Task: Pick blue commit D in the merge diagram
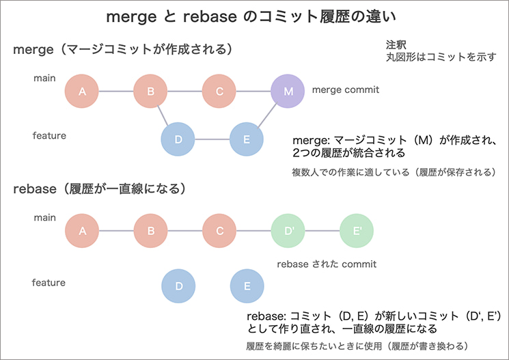coord(178,139)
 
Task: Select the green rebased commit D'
coord(288,231)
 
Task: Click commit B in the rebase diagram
coord(151,231)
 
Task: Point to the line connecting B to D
coord(164,115)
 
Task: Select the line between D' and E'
coord(322,231)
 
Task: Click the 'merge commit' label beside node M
coord(345,89)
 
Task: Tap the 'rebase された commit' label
coord(326,264)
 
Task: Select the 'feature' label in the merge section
coord(49,135)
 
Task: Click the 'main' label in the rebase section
coord(44,218)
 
